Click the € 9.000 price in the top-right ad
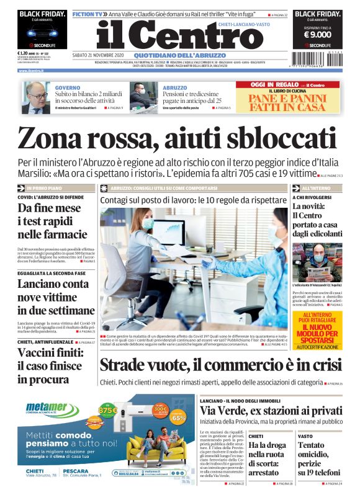(316, 35)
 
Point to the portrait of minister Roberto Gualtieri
(38, 97)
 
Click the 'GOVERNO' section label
(68, 88)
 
